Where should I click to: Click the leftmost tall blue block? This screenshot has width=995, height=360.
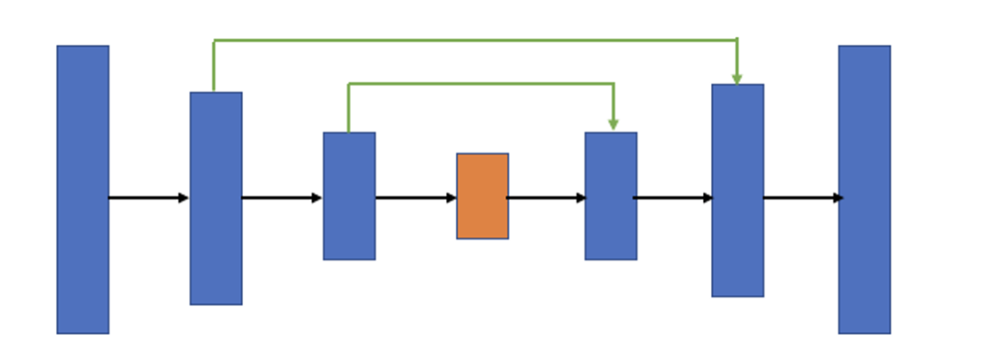click(82, 189)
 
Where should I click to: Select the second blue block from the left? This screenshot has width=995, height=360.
click(215, 198)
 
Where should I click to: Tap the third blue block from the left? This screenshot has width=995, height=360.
click(348, 196)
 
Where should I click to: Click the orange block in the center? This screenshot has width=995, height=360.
click(482, 196)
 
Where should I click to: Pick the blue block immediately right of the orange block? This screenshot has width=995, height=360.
click(611, 196)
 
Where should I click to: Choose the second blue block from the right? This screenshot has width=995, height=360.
click(737, 190)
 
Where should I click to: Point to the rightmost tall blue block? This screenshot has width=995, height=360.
click(864, 189)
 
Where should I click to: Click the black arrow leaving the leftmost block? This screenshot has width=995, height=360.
click(147, 198)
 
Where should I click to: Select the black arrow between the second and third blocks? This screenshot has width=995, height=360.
click(281, 198)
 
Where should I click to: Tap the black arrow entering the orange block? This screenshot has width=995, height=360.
click(415, 198)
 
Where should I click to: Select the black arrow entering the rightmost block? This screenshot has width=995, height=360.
click(802, 198)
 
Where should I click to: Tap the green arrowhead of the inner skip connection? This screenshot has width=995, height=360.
click(613, 125)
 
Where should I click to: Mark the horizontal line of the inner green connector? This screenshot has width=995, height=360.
click(481, 84)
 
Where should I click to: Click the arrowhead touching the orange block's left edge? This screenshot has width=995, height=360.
click(451, 198)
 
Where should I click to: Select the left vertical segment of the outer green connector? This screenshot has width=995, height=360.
click(214, 65)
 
